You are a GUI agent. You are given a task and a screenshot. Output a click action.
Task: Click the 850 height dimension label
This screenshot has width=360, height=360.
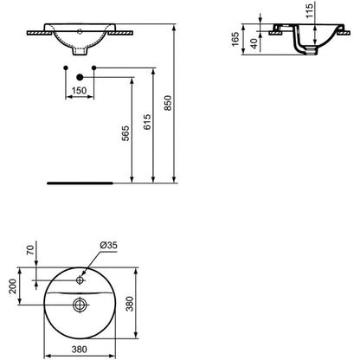click(168, 103)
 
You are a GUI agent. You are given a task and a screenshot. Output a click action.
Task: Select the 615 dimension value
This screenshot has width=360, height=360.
click(147, 122)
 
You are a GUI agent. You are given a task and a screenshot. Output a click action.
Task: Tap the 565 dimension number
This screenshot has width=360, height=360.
click(125, 133)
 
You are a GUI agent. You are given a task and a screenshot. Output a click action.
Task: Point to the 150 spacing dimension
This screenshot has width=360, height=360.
click(80, 91)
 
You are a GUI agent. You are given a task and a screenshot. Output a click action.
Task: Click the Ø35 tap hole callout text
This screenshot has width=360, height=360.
click(108, 245)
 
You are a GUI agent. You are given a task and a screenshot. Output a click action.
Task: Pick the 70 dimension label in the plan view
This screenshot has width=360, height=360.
click(30, 249)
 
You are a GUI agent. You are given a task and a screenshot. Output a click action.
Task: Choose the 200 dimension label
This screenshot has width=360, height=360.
click(12, 286)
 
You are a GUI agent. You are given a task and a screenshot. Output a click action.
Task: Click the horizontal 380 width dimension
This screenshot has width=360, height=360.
click(79, 350)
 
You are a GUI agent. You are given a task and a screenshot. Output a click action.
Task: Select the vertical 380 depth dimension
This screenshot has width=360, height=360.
click(131, 304)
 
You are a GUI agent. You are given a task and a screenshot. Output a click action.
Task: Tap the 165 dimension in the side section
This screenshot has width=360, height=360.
click(235, 39)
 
